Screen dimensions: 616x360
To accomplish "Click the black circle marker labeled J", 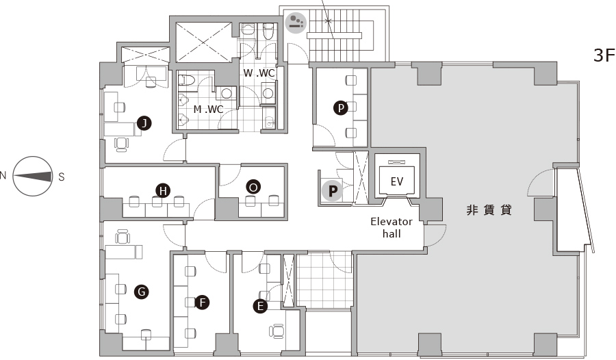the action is (x=144, y=123).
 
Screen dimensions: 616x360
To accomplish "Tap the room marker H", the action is (x=163, y=191).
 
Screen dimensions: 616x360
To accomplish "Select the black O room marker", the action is (x=253, y=187).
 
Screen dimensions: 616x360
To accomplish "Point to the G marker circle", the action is (x=142, y=292).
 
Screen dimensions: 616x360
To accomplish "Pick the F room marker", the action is (x=202, y=303).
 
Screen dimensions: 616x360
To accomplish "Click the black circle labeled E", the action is (x=260, y=306).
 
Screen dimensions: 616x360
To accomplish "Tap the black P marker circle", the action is (x=341, y=107).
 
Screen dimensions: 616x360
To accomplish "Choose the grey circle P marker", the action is (x=333, y=192).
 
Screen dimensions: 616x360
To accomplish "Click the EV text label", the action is (x=397, y=181).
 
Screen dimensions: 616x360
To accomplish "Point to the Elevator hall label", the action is (x=392, y=227).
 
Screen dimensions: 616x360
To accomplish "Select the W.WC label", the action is (x=259, y=73).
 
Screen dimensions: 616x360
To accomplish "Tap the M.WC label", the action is (x=208, y=110).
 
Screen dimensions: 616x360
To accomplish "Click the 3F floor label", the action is (x=604, y=55).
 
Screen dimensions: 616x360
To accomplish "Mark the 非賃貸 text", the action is (x=489, y=210).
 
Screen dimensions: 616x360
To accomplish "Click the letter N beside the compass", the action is (x=3, y=175).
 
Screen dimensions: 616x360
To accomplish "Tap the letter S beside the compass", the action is (x=62, y=177).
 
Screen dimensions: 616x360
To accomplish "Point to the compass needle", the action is (x=34, y=176).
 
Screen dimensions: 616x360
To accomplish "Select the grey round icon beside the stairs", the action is (x=296, y=23).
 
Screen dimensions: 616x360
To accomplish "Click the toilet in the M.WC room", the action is (x=187, y=80).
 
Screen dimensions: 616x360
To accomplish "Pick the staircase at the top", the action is (x=334, y=36).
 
